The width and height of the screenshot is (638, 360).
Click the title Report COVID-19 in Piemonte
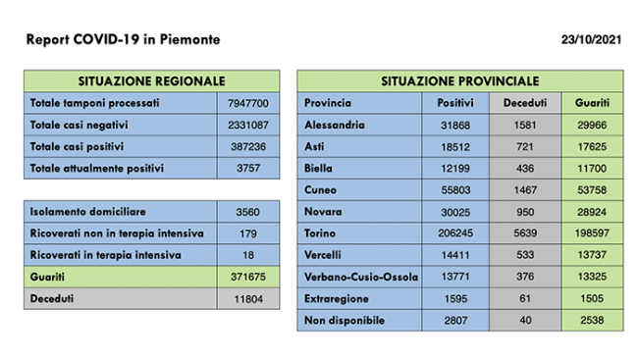coord(123,39)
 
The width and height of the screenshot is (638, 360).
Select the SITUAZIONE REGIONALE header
coord(151,80)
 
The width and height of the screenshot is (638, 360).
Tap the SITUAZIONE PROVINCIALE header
coord(459,80)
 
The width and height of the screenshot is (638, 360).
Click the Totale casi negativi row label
coord(80,125)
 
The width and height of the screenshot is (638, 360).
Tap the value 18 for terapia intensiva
coord(247,254)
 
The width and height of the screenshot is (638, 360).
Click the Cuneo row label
coord(321,190)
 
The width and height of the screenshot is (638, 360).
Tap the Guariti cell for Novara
coord(592,212)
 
